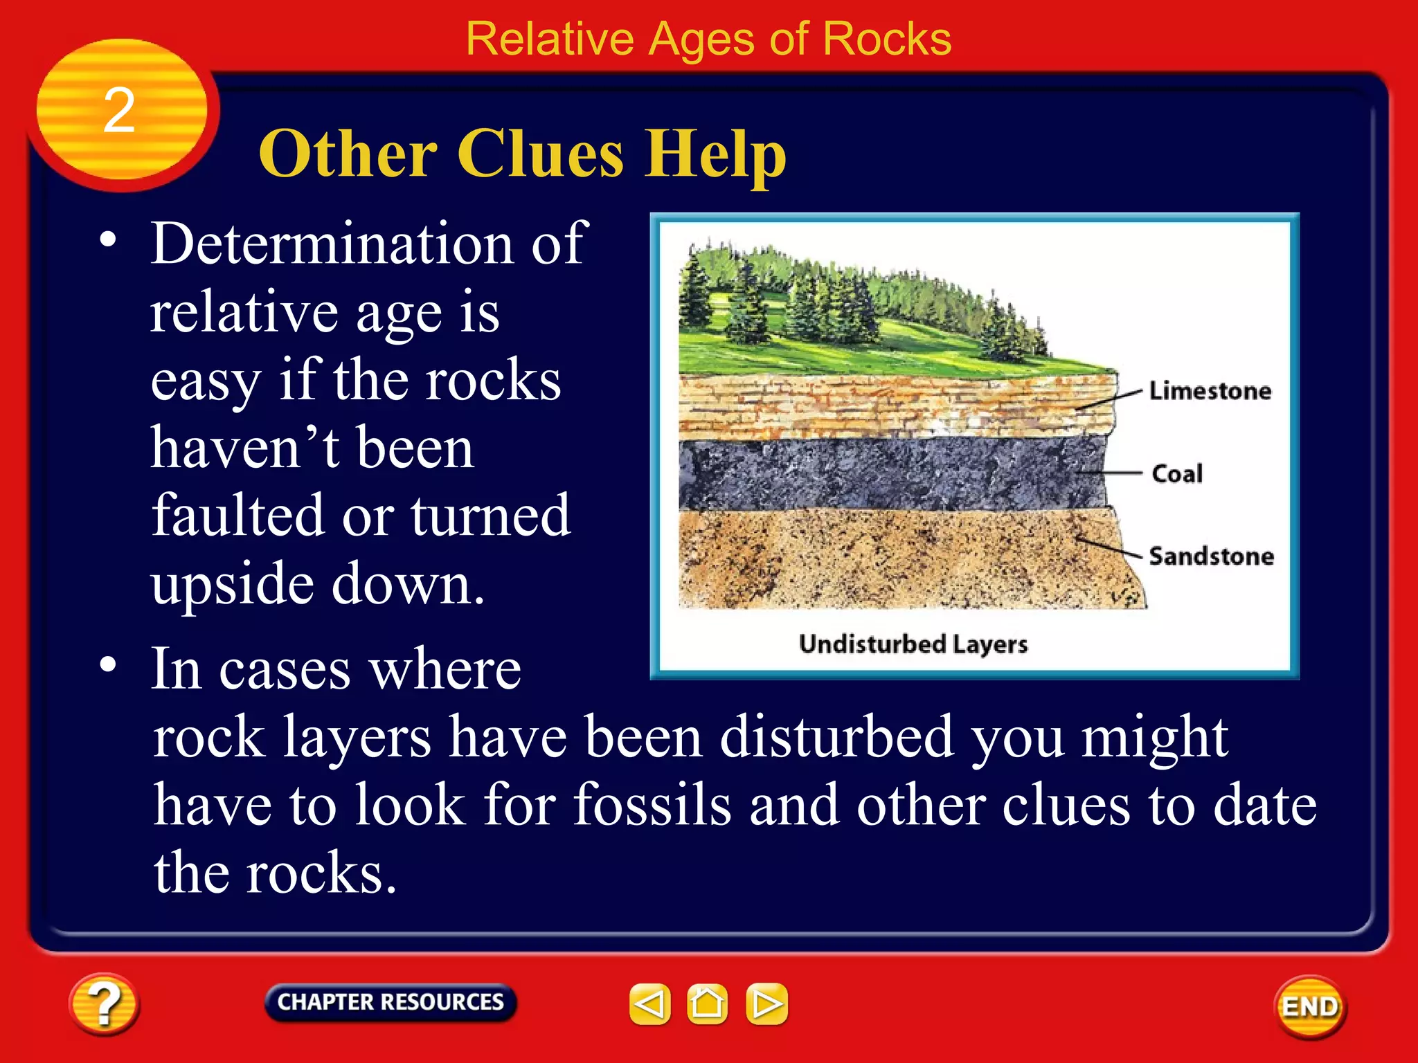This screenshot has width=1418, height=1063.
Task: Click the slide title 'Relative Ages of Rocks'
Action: pyautogui.click(x=708, y=39)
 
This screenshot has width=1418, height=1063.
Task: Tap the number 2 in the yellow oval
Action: pyautogui.click(x=119, y=111)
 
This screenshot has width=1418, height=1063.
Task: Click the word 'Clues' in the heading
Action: pyautogui.click(x=539, y=154)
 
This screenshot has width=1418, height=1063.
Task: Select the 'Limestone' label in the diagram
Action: pyautogui.click(x=1210, y=391)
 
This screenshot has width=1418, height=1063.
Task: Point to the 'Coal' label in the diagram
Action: pyautogui.click(x=1177, y=474)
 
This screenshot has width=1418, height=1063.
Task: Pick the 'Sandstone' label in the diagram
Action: pyautogui.click(x=1211, y=556)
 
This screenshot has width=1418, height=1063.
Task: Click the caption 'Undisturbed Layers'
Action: pyautogui.click(x=913, y=644)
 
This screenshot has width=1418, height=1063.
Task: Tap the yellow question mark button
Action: pyautogui.click(x=104, y=1004)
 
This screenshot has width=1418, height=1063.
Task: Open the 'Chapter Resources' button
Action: pyautogui.click(x=391, y=1002)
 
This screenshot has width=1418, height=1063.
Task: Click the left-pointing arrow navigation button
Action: pyautogui.click(x=649, y=1003)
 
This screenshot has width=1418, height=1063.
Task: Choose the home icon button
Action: pyautogui.click(x=707, y=1003)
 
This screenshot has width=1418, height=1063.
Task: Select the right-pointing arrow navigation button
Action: pyautogui.click(x=766, y=1003)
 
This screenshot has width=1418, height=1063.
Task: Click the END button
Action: pyautogui.click(x=1310, y=1007)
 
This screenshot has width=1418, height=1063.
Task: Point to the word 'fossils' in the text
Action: pyautogui.click(x=652, y=805)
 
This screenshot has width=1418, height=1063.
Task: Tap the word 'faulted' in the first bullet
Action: pyautogui.click(x=237, y=516)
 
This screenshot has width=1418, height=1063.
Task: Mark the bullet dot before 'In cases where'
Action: pyautogui.click(x=108, y=664)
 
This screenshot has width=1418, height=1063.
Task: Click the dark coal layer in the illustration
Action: pyautogui.click(x=886, y=474)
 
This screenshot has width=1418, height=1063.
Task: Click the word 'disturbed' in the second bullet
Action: pyautogui.click(x=836, y=738)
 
